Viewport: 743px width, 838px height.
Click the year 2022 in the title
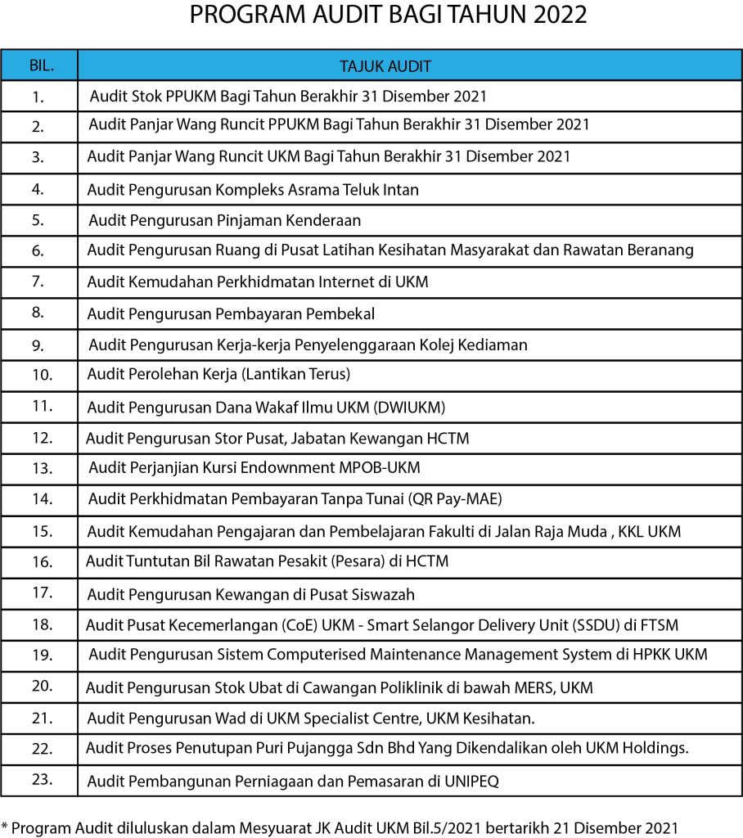pos(557,16)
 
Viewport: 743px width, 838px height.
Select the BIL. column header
pos(39,65)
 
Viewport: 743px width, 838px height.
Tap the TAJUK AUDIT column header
pos(385,66)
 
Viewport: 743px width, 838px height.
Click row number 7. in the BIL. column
pos(38,282)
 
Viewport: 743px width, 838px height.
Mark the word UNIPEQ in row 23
pos(467,782)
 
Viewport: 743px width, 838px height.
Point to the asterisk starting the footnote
pos(4,826)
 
